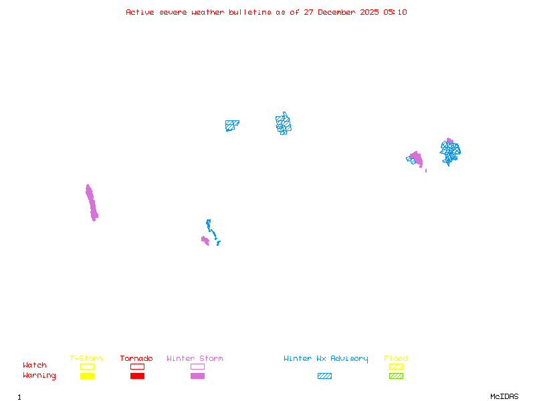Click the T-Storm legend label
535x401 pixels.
86,359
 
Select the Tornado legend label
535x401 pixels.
136,359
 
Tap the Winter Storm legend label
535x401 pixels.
195,359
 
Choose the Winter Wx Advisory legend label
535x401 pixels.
326,359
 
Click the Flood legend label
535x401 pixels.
396,359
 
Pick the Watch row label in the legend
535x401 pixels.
35,366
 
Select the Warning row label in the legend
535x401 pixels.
39,376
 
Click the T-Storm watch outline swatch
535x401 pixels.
87,366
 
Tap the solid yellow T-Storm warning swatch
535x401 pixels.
87,376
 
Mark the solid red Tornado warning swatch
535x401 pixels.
137,376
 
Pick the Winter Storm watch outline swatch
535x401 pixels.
197,366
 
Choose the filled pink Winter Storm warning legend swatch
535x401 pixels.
197,376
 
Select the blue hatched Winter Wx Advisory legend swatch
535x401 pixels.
324,376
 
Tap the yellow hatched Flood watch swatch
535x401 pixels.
396,366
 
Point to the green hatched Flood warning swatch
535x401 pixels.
396,376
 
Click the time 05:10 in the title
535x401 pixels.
395,12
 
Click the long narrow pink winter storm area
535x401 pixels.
91,203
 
